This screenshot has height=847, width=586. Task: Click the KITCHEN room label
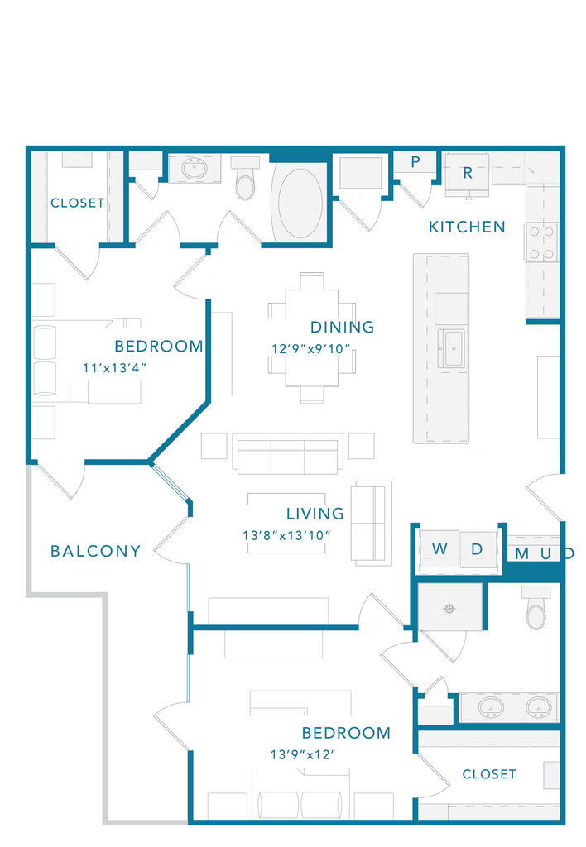[x=467, y=227]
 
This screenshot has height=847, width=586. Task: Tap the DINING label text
[x=342, y=327]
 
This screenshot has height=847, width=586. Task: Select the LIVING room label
[x=315, y=513]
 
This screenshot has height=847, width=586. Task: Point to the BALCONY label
[x=96, y=551]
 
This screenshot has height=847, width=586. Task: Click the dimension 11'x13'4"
[x=114, y=368]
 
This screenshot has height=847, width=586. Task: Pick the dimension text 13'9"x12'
[x=302, y=754]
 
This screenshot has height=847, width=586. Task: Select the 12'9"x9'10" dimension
[x=311, y=349]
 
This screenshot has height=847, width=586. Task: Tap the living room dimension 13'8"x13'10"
[x=286, y=535]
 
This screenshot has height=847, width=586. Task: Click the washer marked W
[x=439, y=549]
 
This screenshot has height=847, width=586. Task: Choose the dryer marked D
[x=478, y=549]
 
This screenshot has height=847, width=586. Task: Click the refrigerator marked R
[x=467, y=173]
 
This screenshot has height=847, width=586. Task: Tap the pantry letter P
[x=415, y=161]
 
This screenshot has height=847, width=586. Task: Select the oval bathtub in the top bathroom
[x=300, y=203]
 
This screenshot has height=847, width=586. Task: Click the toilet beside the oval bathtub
[x=246, y=179]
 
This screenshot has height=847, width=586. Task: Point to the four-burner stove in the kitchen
[x=541, y=242]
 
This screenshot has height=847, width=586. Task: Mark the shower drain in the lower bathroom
[x=449, y=609]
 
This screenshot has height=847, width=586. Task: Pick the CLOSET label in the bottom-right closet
[x=489, y=774]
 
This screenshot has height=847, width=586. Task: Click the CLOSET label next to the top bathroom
[x=77, y=203]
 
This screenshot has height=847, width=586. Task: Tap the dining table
[x=312, y=338]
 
